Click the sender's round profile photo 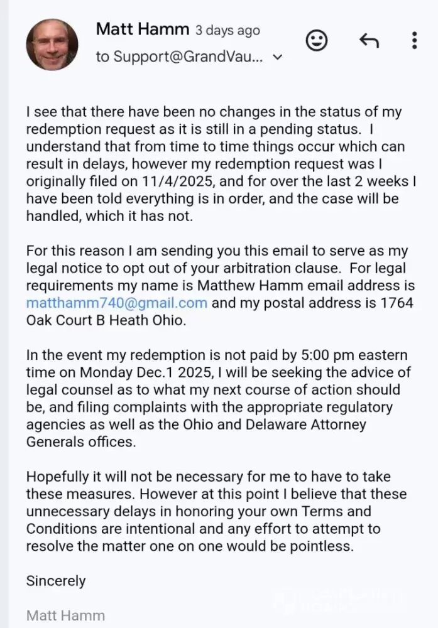(52, 45)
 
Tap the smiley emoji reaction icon (317, 41)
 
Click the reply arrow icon (369, 41)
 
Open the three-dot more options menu (414, 41)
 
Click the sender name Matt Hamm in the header (142, 29)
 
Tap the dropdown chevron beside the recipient (278, 58)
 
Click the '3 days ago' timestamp (227, 30)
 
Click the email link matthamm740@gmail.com (117, 302)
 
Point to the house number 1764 (391, 302)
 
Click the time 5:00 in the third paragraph (304, 356)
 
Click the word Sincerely (56, 580)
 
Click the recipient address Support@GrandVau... (178, 57)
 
